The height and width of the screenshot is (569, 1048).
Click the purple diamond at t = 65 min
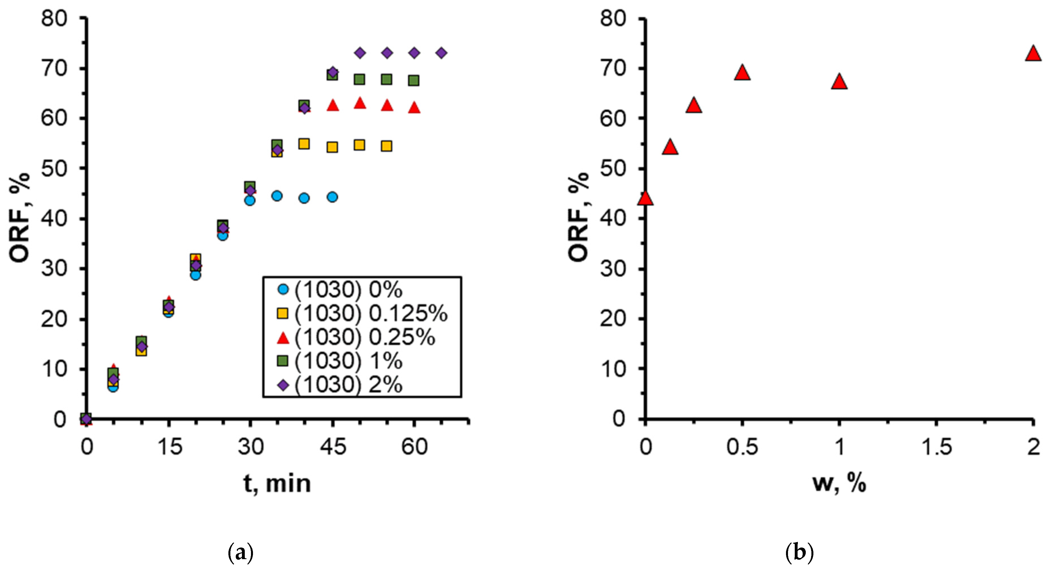pyautogui.click(x=441, y=53)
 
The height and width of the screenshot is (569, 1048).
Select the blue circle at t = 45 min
pyautogui.click(x=332, y=197)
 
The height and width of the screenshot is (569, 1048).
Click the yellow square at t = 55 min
pyautogui.click(x=387, y=146)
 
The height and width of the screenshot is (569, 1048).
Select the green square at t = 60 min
pyautogui.click(x=414, y=80)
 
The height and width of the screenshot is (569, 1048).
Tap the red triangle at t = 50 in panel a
pyautogui.click(x=360, y=104)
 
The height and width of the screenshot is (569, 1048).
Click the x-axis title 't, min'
pyautogui.click(x=277, y=483)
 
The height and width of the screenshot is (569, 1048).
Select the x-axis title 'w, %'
pyautogui.click(x=839, y=483)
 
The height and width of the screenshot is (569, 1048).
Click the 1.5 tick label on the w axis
pyautogui.click(x=936, y=447)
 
